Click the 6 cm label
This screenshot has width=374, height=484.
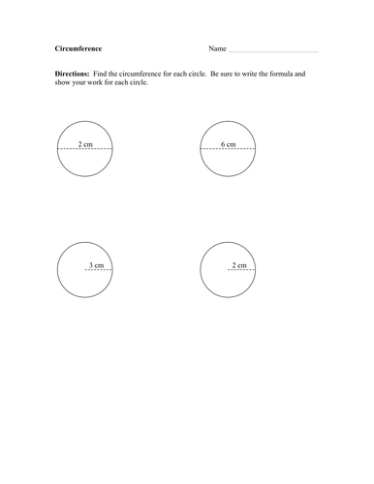point(229,144)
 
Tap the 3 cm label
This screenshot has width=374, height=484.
point(97,264)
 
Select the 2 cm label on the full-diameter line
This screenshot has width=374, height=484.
point(85,144)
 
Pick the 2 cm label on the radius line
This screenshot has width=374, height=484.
point(239,264)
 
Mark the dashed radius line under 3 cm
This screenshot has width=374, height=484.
point(98,270)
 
